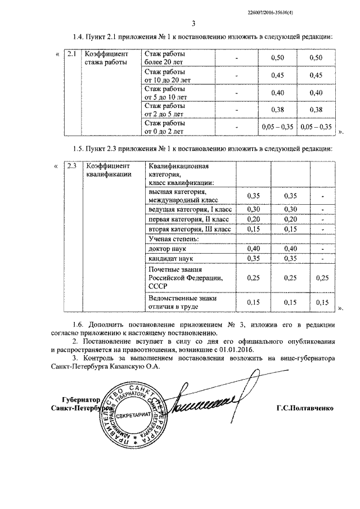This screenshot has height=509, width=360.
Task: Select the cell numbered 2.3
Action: point(71,166)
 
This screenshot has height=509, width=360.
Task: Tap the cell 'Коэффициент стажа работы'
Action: point(106,58)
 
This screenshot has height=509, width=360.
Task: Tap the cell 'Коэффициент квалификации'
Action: point(107,170)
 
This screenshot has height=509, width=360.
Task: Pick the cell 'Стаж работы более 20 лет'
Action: point(166,58)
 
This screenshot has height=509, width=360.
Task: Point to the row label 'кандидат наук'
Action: point(169,258)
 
